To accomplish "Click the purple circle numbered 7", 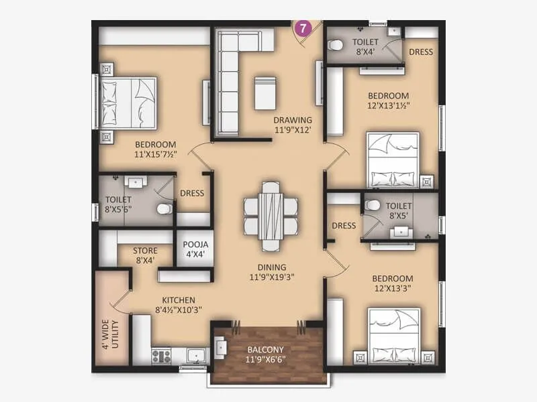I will (x=303, y=28).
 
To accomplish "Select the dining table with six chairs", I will (x=271, y=214).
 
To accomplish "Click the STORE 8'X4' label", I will (x=146, y=251).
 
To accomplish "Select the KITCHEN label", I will (x=178, y=299).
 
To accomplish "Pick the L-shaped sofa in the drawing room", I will (x=232, y=74).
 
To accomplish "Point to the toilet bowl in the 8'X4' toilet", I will (x=336, y=46).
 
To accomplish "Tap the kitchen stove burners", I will (x=162, y=354).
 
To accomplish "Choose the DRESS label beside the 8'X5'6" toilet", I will (x=192, y=194).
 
